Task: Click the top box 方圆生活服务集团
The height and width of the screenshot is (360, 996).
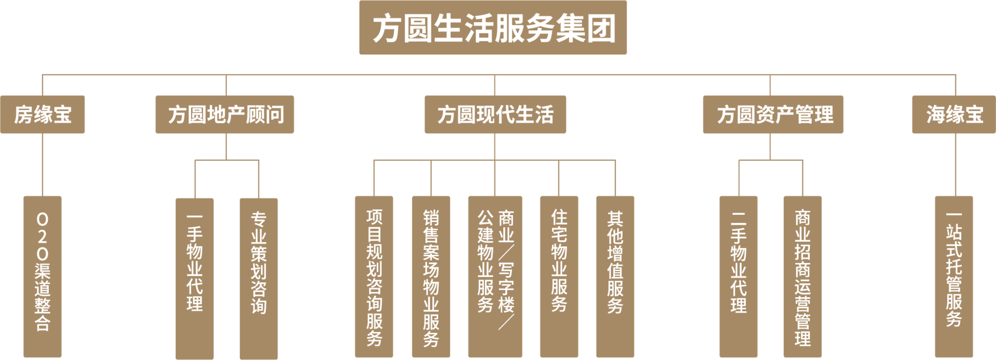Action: (492, 27)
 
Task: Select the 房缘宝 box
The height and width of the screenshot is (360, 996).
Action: (43, 115)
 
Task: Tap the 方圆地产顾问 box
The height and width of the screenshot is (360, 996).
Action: (225, 115)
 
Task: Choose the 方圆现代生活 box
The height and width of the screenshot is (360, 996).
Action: (495, 115)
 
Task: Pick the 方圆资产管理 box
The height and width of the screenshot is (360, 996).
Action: (773, 115)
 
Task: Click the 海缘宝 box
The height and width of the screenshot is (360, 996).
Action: (953, 115)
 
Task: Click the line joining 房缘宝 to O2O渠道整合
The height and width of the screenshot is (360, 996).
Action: (43, 165)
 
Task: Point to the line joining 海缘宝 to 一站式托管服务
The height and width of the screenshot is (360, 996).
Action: (955, 165)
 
